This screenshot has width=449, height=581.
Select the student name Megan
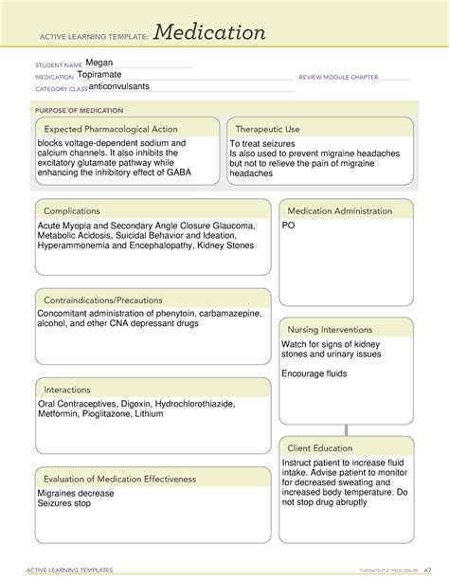tap(99, 63)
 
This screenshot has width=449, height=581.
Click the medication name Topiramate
tap(101, 75)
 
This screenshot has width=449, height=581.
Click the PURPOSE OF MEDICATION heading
tap(77, 109)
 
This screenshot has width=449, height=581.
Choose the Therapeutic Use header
tap(267, 129)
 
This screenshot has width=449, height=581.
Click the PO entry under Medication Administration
tap(288, 227)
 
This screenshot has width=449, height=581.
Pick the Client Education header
tap(320, 447)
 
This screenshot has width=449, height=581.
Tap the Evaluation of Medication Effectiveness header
tap(119, 479)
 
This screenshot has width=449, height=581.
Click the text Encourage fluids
tap(314, 373)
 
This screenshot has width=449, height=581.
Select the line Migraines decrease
tap(76, 494)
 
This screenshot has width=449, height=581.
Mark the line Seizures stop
tap(65, 505)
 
